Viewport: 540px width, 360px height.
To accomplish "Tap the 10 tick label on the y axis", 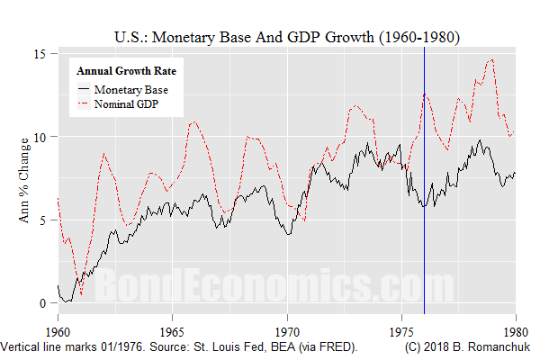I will (40, 136).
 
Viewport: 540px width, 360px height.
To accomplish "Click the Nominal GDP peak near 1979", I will (490, 60).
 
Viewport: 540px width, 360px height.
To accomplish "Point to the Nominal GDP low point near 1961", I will (80, 294).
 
